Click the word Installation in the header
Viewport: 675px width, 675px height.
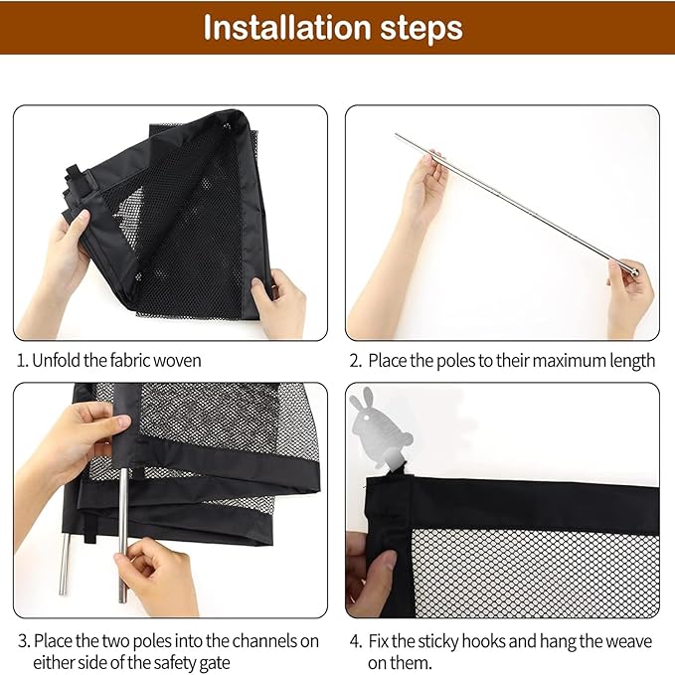288,28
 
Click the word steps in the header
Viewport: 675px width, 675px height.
422,30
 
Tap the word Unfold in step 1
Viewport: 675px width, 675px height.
56,360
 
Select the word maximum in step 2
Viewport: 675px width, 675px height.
552,360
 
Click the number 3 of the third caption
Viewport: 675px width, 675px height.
23,641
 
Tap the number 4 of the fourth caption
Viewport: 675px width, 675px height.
355,641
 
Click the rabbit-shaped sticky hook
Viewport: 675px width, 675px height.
380,425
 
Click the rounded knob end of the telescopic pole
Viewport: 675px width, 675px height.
634,271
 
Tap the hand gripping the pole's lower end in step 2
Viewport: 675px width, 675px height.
629,297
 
